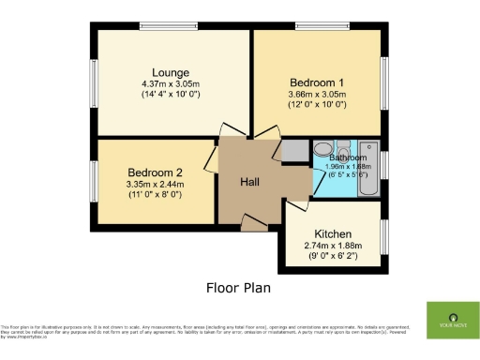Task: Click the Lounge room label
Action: (172, 72)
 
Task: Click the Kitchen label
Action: (332, 233)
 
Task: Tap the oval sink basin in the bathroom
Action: (322, 148)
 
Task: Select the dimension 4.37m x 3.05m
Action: (172, 83)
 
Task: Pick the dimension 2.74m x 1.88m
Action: (332, 245)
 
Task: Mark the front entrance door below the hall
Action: (251, 222)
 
